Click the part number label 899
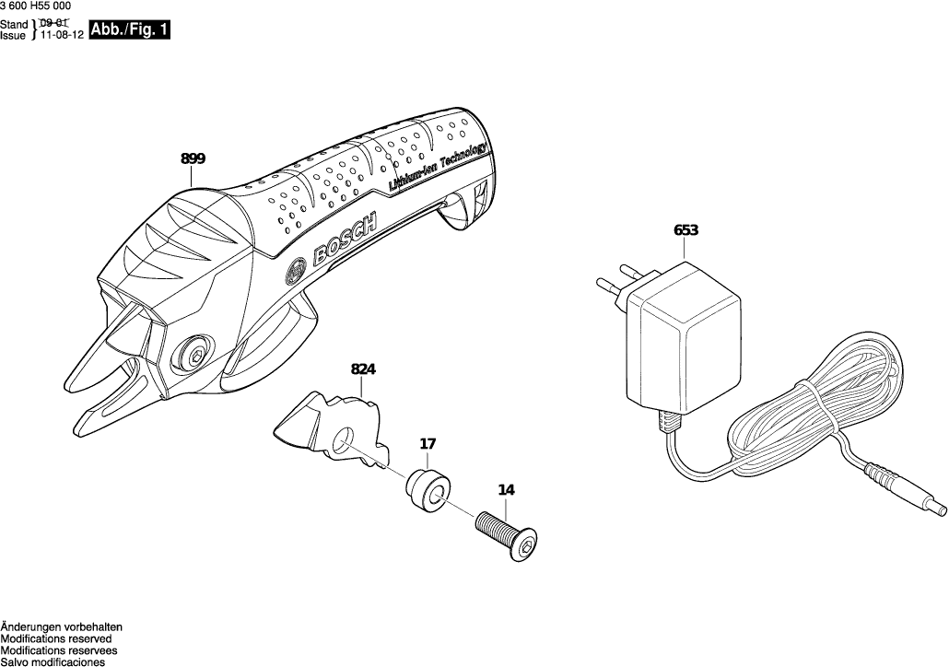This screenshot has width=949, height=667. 193,158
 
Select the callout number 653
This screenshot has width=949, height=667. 685,230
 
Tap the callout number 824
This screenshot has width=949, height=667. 364,369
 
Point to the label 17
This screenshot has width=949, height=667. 428,443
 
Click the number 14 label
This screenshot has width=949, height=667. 506,490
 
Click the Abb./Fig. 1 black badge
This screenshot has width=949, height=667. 130,30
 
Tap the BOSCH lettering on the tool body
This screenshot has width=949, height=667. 345,242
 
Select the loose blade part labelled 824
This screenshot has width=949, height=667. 332,425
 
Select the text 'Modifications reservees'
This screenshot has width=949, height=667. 57,650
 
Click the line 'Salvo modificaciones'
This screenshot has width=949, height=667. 53,661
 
